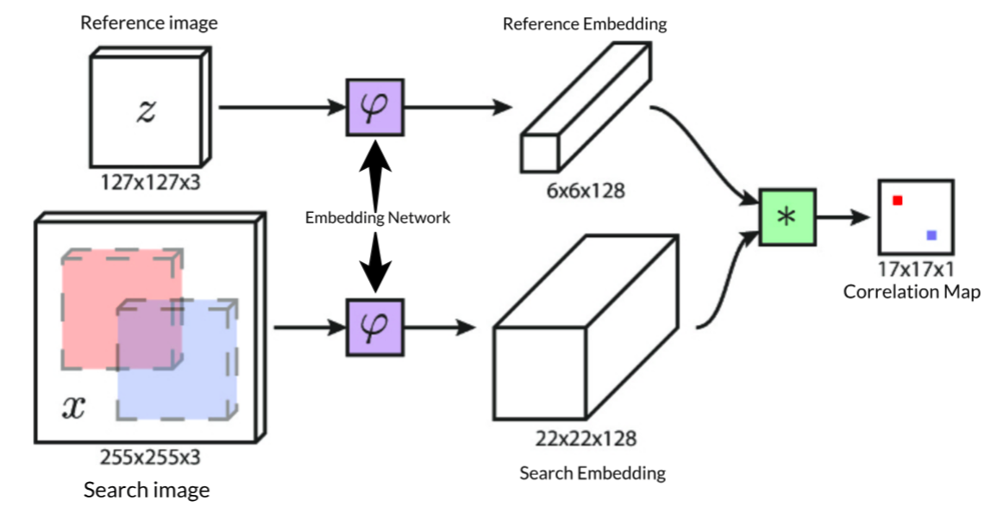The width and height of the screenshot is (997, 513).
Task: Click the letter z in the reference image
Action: click(x=146, y=111)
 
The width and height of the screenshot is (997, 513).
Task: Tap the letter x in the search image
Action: click(x=75, y=407)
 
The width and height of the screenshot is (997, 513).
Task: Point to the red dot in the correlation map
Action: click(x=897, y=200)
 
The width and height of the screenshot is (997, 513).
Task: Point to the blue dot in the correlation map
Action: click(x=931, y=235)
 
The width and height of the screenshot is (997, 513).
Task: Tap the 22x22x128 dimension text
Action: click(x=586, y=439)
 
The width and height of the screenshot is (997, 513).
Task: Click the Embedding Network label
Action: click(x=378, y=218)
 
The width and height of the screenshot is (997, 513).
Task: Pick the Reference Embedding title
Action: click(x=585, y=24)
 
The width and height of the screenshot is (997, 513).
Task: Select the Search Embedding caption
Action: click(x=592, y=472)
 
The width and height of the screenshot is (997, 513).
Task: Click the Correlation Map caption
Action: click(x=912, y=291)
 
